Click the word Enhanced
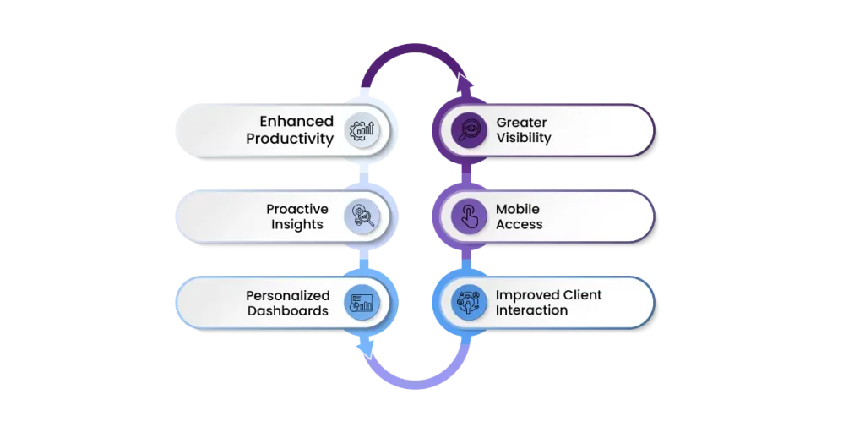click(x=296, y=122)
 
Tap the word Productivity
click(x=290, y=139)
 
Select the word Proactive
click(x=297, y=209)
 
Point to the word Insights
click(x=297, y=225)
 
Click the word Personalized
click(x=287, y=295)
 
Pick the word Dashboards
click(x=287, y=311)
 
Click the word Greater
click(x=521, y=123)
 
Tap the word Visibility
click(x=524, y=138)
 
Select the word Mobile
click(x=518, y=209)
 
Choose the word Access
click(x=520, y=225)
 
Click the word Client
click(x=575, y=295)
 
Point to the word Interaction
click(x=532, y=310)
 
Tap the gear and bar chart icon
click(x=364, y=130)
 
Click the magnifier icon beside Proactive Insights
click(x=364, y=216)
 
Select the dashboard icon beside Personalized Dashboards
click(x=364, y=303)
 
